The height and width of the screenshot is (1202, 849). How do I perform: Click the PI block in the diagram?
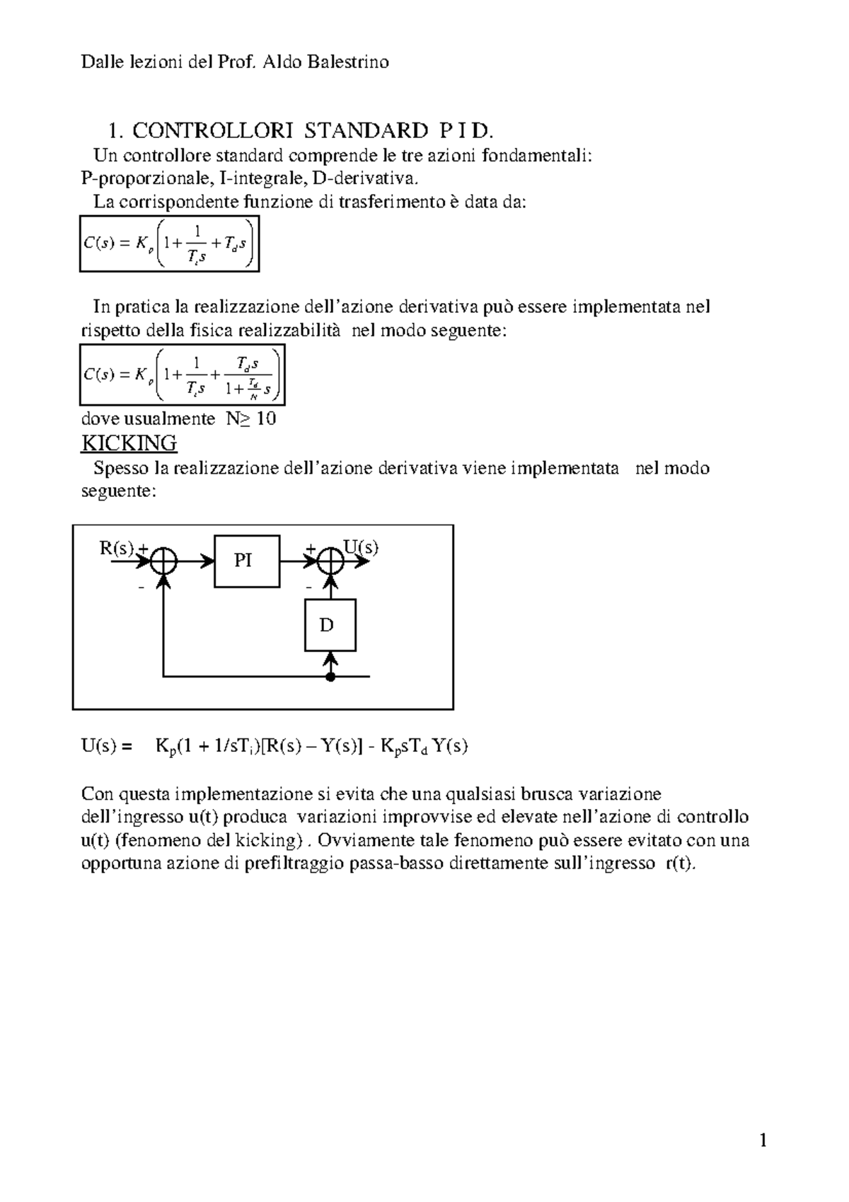[246, 561]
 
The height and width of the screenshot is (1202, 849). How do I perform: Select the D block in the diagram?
[330, 625]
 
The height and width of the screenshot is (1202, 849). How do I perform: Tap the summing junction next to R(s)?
[164, 561]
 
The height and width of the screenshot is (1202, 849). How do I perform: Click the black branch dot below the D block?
[330, 677]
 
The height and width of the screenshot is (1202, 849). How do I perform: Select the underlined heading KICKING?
[129, 443]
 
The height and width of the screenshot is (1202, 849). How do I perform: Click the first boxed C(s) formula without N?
[169, 244]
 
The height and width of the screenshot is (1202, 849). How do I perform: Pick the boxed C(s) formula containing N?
[182, 374]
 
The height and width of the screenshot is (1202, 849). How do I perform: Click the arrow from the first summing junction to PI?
[195, 561]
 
